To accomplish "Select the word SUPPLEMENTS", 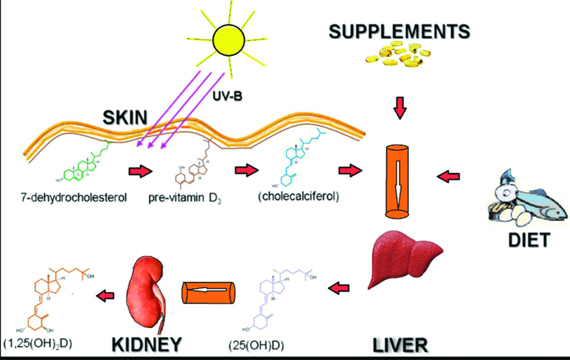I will [x=399, y=31].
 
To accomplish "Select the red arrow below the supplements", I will [x=401, y=108].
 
